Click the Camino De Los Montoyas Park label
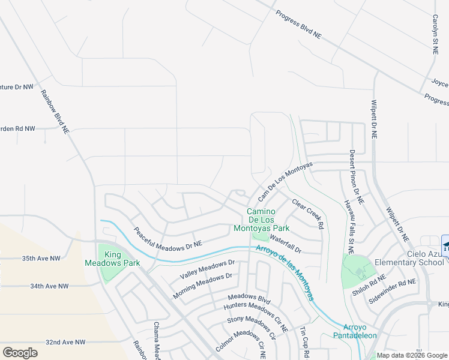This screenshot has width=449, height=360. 268,220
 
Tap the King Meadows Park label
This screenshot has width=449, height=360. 120,259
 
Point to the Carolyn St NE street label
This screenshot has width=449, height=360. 434,35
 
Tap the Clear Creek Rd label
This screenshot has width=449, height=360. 308,213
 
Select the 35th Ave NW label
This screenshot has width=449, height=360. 41,259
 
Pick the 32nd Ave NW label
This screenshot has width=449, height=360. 65,341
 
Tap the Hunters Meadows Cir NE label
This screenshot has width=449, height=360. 256,310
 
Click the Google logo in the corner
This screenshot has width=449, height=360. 20,352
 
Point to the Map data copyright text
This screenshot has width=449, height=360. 411,355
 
